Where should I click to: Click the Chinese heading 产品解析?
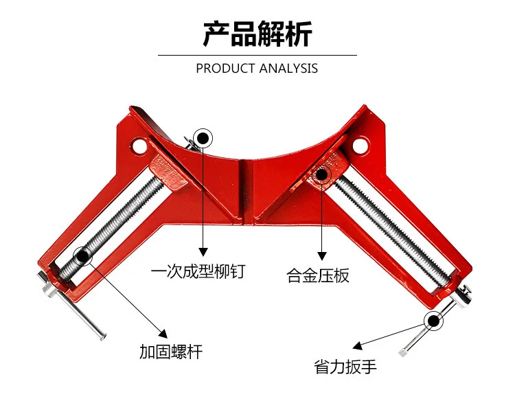coord(257,34)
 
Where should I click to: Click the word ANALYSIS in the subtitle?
coord(288,69)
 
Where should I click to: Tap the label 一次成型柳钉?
coord(198,271)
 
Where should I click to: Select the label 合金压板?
coord(318,275)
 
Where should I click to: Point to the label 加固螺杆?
coord(171,352)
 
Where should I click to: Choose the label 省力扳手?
coord(345,366)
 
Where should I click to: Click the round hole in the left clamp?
coord(139,146)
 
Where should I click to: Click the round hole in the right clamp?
coord(360,146)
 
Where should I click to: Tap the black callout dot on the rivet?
coord(203,138)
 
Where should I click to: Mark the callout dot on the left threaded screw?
coord(82,256)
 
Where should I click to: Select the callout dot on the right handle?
coord(433,321)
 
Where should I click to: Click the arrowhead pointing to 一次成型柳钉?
coord(203,252)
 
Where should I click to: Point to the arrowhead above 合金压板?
coord(322,256)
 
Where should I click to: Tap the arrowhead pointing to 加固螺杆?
coord(163,334)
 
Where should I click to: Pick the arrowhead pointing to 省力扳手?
coord(357,346)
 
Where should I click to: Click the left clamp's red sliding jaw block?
coord(168,174)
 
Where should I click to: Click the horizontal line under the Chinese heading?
coord(257,56)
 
